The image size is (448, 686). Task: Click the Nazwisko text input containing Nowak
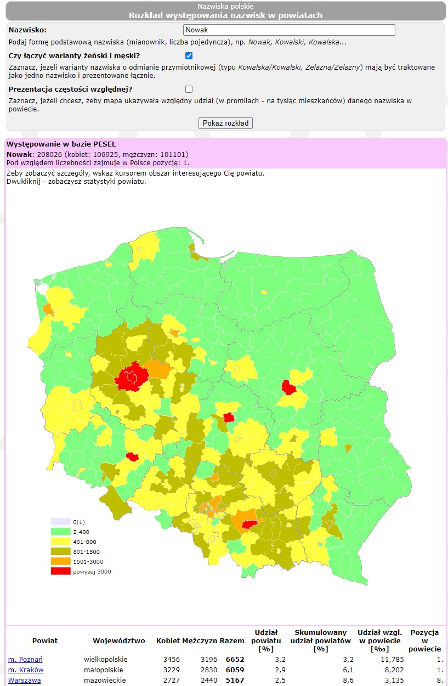(289, 30)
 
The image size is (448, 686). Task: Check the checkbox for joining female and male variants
(189, 55)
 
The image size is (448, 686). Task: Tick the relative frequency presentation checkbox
(189, 89)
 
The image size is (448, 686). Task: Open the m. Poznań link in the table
(25, 659)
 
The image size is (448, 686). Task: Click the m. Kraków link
(26, 670)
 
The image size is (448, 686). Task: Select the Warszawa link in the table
(24, 680)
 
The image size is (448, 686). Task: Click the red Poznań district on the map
(132, 378)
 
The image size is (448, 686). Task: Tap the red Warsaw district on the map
(288, 387)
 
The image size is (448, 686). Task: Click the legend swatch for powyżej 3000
(61, 571)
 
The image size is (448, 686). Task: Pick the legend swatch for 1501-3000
(61, 561)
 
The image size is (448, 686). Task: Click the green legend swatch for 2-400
(61, 531)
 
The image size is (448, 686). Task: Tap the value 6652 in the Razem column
(235, 659)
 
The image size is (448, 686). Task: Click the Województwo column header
(118, 640)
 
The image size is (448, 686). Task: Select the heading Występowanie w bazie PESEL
(54, 144)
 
